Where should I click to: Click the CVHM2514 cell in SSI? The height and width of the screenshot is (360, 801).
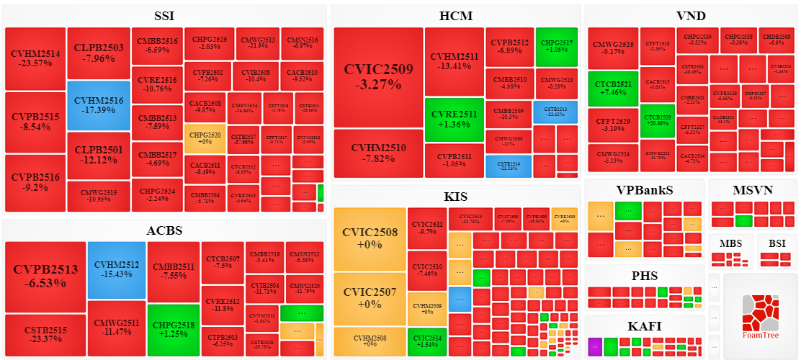[35, 58]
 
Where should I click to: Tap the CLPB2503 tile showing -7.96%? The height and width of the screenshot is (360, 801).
[99, 53]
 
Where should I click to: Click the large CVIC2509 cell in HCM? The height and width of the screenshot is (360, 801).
[378, 77]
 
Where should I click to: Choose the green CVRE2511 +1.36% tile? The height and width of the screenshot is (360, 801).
[454, 120]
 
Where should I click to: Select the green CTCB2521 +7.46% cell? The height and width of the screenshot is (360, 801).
[613, 89]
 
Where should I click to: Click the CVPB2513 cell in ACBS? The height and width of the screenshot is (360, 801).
[45, 276]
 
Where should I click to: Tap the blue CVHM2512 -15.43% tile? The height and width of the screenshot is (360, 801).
[116, 269]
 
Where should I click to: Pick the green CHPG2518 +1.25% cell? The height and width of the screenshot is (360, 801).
[173, 330]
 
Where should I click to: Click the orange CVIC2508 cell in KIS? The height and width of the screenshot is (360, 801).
[370, 238]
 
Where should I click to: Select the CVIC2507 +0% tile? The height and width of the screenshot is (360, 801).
[370, 298]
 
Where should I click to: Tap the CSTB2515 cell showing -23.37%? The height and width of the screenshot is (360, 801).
[45, 335]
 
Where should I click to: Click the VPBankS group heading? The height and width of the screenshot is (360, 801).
[644, 190]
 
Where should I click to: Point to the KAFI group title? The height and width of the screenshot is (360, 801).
[644, 325]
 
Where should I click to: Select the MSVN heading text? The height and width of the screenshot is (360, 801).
[753, 190]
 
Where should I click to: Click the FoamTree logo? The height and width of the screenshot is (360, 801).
[761, 317]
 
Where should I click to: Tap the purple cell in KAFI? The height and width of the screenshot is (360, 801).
[595, 346]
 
